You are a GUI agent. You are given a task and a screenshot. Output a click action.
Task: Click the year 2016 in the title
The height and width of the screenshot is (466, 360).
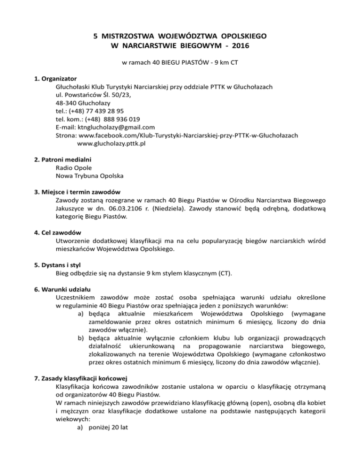pos(239,46)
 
